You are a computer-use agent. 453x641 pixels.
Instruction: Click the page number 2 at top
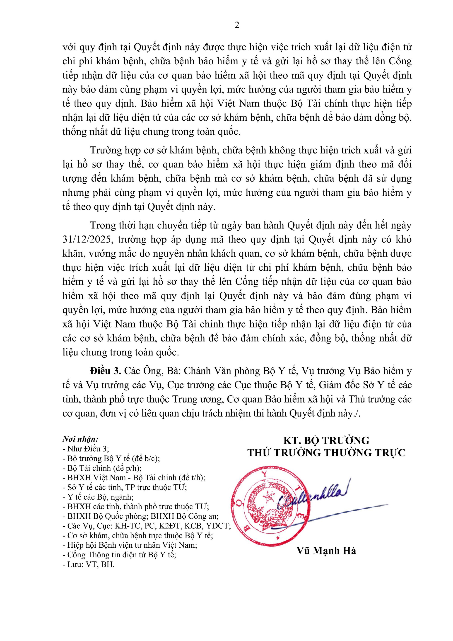tap(237, 25)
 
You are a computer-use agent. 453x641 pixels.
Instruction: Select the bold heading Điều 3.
tap(105, 371)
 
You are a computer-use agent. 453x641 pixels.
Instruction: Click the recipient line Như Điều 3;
tap(86, 449)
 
